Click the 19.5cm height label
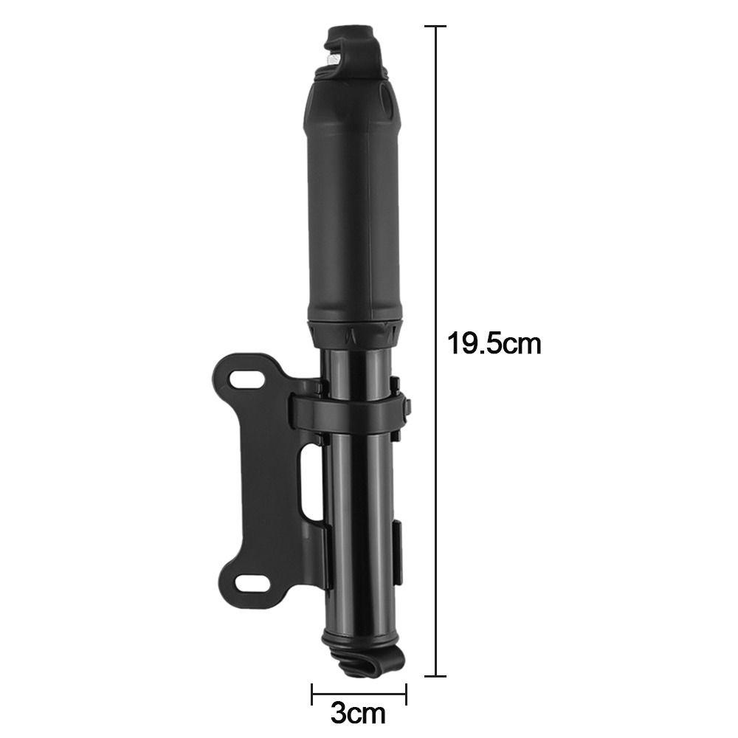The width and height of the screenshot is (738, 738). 494,343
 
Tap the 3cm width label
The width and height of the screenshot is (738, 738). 358,713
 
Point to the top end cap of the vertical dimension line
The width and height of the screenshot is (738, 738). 436,27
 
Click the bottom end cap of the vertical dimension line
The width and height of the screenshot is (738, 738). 436,676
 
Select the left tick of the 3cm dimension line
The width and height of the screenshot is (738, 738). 311,693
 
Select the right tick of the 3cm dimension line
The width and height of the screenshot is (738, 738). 406,693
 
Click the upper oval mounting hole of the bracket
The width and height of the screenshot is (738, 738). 246,379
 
